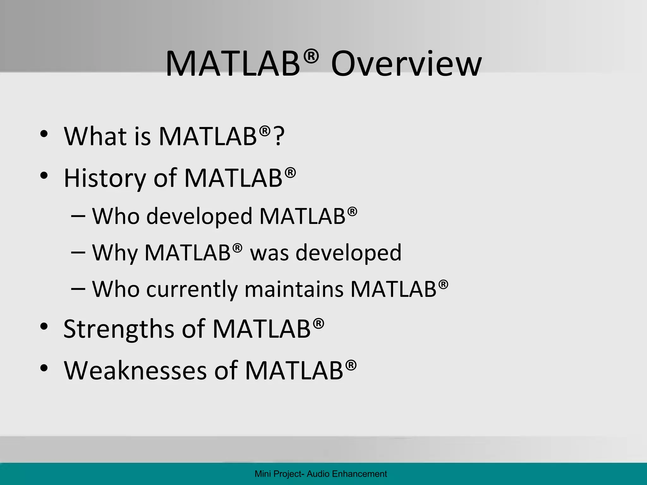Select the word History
[x=105, y=178]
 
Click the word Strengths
[x=118, y=329]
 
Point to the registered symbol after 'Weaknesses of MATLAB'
[x=351, y=365]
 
